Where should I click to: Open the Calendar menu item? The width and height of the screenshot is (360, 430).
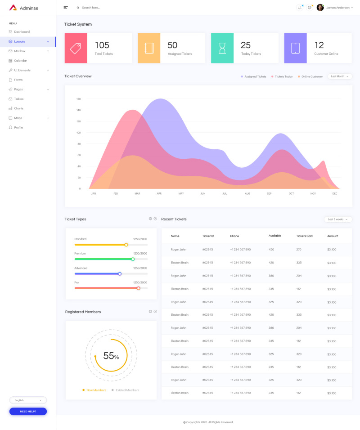tap(20, 60)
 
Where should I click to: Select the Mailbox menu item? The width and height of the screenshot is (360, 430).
tap(19, 51)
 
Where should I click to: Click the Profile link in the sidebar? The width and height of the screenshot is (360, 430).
tap(18, 127)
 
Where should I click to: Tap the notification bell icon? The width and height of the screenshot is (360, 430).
tap(300, 8)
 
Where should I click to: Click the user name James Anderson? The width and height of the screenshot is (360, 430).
tap(337, 8)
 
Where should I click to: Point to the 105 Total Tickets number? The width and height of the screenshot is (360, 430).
tap(102, 45)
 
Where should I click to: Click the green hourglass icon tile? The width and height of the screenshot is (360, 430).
tap(222, 48)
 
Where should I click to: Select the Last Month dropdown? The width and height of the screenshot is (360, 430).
tap(340, 76)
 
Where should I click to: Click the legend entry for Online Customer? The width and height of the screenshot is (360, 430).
tap(312, 76)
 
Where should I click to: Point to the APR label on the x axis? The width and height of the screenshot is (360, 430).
tap(159, 193)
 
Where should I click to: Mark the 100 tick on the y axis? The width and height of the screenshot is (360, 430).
tap(78, 133)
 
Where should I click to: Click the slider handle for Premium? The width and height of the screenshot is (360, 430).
tap(133, 259)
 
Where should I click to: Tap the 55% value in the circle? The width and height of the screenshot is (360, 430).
tap(111, 356)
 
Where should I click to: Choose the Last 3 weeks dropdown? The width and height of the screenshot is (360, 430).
tap(337, 219)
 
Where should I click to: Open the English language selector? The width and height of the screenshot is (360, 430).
tap(28, 400)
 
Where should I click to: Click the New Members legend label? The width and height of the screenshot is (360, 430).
tap(96, 390)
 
